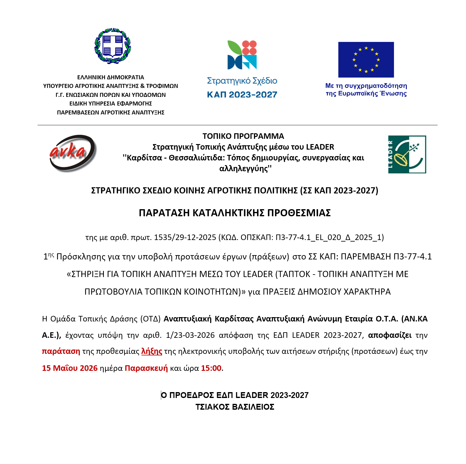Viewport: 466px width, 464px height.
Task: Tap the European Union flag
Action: pyautogui.click(x=366, y=60)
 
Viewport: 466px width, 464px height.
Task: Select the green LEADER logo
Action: pyautogui.click(x=407, y=154)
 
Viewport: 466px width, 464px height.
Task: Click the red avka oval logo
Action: pyautogui.click(x=72, y=153)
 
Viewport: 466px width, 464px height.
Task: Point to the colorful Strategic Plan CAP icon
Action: pyautogui.click(x=242, y=55)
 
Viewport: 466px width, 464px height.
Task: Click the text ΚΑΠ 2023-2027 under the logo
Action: pyautogui.click(x=242, y=95)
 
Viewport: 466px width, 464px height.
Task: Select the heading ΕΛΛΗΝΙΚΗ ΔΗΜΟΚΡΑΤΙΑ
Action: pyautogui.click(x=111, y=77)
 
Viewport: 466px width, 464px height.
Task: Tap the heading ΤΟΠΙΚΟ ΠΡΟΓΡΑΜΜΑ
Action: pyautogui.click(x=243, y=136)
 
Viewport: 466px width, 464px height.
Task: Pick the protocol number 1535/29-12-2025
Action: pyautogui.click(x=185, y=237)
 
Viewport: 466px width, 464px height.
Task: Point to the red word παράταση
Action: pyautogui.click(x=61, y=351)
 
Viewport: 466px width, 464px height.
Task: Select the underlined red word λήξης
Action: pyautogui.click(x=152, y=351)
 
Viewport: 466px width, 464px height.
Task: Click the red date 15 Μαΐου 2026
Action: pyautogui.click(x=70, y=368)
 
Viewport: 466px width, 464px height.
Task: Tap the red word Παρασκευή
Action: pyautogui.click(x=146, y=368)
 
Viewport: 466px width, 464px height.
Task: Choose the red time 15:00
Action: pyautogui.click(x=211, y=368)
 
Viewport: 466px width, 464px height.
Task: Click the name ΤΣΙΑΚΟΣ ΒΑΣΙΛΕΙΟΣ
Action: pyautogui.click(x=235, y=407)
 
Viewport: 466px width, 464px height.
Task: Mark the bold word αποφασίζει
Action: pyautogui.click(x=390, y=335)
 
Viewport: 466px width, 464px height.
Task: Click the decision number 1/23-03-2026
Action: pyautogui.click(x=190, y=335)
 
